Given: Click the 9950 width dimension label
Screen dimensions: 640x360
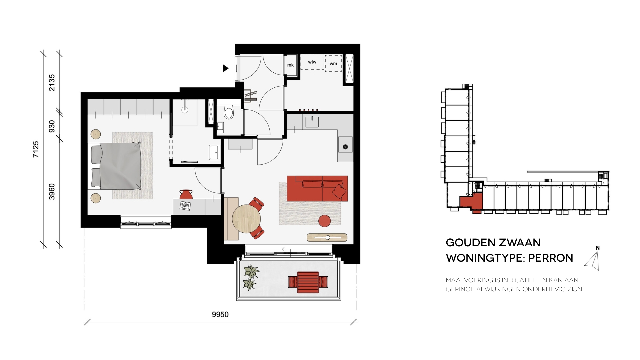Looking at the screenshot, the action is click(x=220, y=314).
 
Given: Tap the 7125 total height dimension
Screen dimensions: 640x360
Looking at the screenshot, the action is click(x=36, y=149).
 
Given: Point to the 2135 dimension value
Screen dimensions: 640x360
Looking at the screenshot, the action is click(x=52, y=82).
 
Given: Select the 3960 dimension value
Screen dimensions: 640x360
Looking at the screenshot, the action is click(x=52, y=192).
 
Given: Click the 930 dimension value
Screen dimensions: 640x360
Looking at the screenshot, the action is click(x=52, y=126).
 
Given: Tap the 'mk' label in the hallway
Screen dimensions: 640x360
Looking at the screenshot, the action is click(x=290, y=65).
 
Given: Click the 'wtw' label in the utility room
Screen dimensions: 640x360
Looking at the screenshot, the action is click(x=312, y=62).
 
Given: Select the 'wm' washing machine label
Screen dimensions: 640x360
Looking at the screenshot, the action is click(x=333, y=64).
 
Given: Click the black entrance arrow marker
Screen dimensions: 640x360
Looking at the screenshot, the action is click(x=226, y=68).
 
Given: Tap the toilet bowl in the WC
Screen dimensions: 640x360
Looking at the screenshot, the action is click(x=229, y=112).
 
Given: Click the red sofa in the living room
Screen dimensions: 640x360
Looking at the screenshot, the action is click(x=317, y=188).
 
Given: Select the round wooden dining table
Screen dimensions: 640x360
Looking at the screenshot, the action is click(x=246, y=219).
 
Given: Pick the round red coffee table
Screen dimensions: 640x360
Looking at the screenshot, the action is click(x=324, y=221).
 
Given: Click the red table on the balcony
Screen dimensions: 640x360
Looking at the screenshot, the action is click(x=308, y=282).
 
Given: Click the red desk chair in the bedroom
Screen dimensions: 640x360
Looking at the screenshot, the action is click(x=186, y=194).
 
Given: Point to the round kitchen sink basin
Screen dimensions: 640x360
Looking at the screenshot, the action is click(x=345, y=147).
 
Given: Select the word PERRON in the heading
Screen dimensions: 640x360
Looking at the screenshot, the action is click(x=551, y=258).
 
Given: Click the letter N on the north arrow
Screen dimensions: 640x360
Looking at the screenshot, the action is click(x=598, y=248).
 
